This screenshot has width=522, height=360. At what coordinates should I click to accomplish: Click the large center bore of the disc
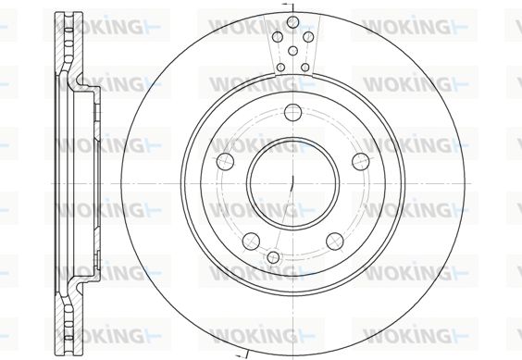point(292,183)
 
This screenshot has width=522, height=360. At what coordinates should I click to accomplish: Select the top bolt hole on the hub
point(293,112)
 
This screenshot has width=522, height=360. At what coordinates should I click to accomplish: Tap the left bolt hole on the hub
point(225,162)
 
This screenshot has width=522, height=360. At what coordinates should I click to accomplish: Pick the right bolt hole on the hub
point(361,162)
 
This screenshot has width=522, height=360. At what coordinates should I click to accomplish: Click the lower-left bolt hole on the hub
point(251,242)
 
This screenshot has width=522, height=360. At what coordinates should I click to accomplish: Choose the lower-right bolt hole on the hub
point(334,242)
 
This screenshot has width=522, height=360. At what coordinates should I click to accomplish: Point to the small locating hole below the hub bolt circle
point(273,257)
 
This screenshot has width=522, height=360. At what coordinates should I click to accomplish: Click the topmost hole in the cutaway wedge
point(292,22)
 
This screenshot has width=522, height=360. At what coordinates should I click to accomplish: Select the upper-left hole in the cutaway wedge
point(278,37)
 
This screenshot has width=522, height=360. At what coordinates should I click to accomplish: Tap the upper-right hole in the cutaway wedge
point(308,37)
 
